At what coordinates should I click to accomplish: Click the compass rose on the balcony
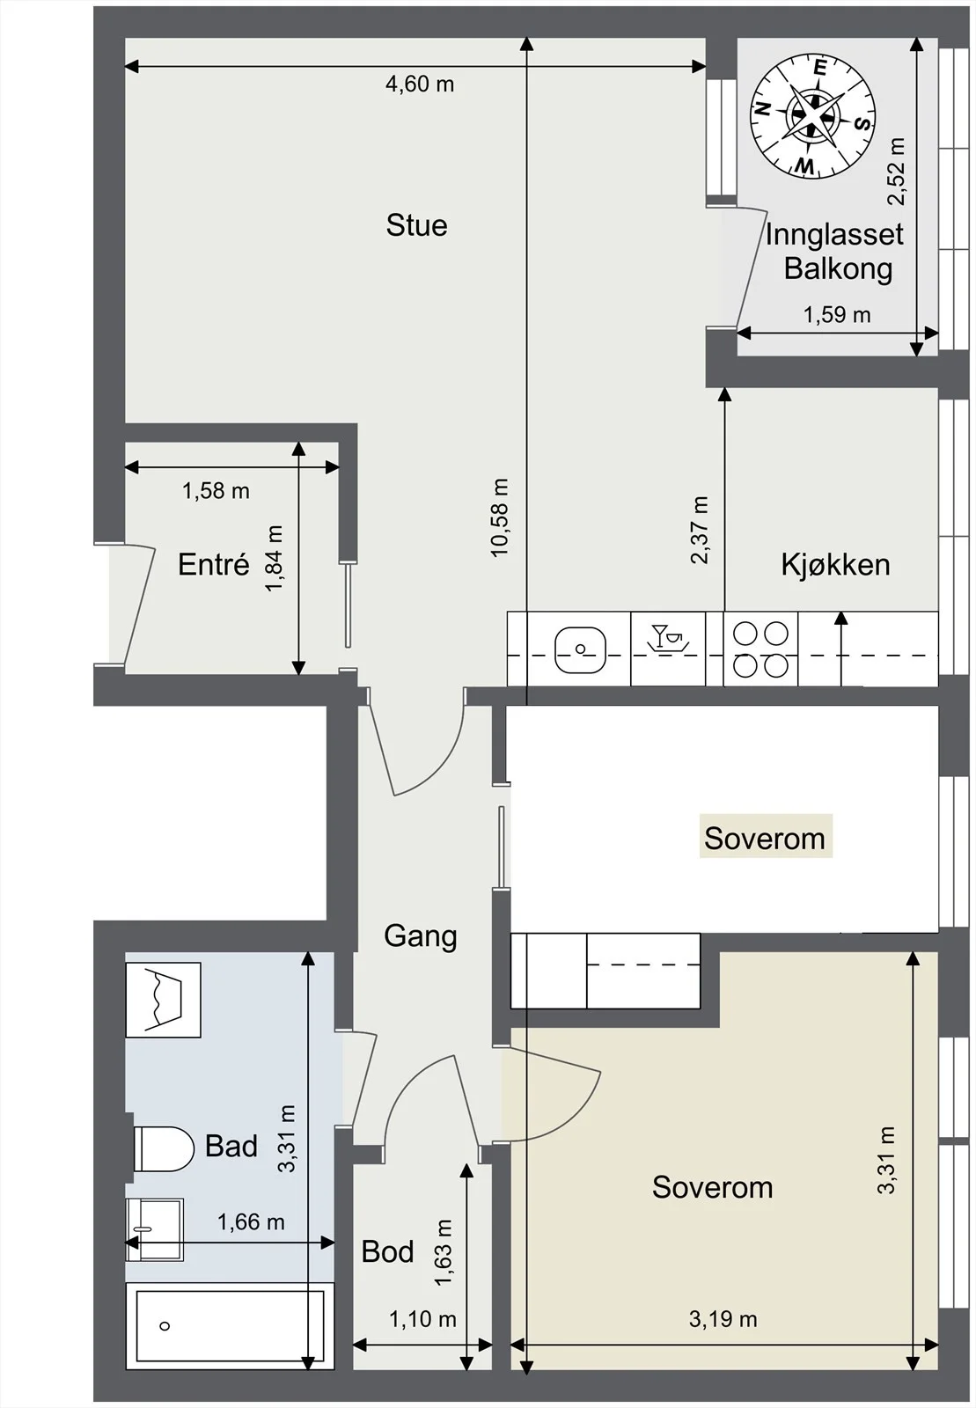click(813, 116)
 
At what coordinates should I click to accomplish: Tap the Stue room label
click(416, 225)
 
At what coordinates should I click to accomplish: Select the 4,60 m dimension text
click(419, 84)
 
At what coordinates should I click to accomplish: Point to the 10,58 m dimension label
click(500, 517)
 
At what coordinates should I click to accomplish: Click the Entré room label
click(214, 564)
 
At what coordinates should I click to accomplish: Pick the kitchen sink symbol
click(581, 648)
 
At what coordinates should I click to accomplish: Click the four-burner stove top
click(761, 649)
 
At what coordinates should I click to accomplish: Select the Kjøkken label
click(835, 564)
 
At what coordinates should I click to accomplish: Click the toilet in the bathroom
click(164, 1148)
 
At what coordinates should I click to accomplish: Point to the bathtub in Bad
click(230, 1326)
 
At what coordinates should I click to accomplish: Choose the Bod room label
click(387, 1251)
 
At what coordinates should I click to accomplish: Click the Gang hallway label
click(421, 936)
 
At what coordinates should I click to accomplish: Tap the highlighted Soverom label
click(765, 838)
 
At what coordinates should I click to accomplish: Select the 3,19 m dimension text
click(723, 1318)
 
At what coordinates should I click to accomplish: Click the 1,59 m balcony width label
click(837, 314)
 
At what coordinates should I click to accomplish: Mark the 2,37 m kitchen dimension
click(700, 530)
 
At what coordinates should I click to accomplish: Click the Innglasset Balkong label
click(834, 252)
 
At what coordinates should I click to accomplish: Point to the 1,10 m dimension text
click(422, 1319)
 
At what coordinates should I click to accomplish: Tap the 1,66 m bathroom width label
click(251, 1221)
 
